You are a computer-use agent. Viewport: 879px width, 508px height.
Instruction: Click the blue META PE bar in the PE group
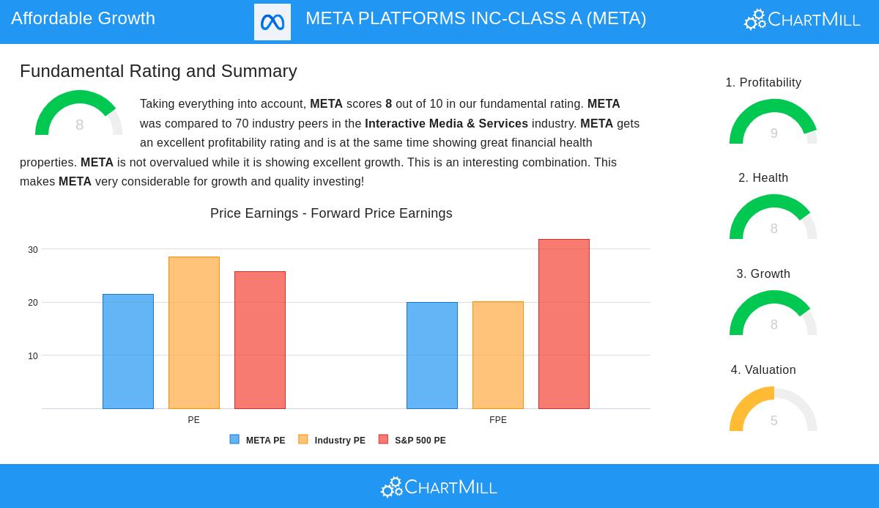click(x=128, y=352)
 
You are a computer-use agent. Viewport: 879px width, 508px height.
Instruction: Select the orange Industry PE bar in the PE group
click(x=194, y=333)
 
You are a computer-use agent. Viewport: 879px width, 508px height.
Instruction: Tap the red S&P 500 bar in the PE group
click(x=260, y=340)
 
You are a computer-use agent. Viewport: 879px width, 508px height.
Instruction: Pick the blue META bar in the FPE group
click(x=432, y=356)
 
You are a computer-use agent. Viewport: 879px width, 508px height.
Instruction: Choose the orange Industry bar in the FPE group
click(x=498, y=356)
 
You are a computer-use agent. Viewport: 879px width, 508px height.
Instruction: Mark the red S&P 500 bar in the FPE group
click(x=564, y=324)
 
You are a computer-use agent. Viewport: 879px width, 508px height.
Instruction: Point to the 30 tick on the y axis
click(x=33, y=250)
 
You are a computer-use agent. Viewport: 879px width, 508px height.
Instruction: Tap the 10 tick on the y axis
click(x=33, y=356)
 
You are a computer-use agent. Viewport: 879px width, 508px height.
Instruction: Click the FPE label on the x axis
click(x=498, y=420)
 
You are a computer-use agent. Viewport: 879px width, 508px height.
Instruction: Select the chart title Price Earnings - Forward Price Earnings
click(x=331, y=213)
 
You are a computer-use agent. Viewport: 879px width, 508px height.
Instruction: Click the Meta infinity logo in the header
click(x=272, y=22)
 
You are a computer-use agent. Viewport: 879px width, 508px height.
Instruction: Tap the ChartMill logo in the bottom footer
click(x=439, y=487)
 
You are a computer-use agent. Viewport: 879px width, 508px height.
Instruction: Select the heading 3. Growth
click(x=763, y=274)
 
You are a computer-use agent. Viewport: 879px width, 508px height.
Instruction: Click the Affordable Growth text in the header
click(x=83, y=18)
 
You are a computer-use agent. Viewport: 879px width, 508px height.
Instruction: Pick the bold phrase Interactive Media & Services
click(x=446, y=124)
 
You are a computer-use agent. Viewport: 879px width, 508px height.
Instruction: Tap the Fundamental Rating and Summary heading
click(x=158, y=71)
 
